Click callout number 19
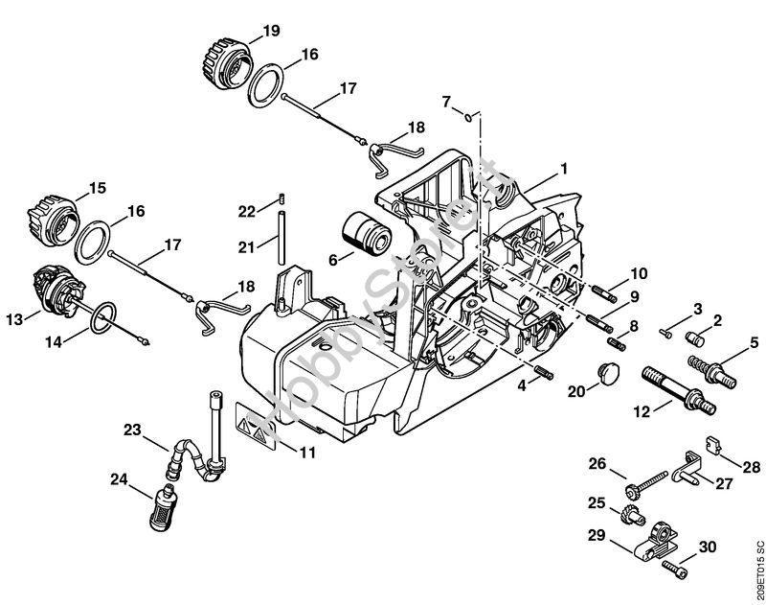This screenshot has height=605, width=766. point(271,31)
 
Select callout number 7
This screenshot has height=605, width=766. point(445,101)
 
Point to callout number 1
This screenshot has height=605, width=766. point(564,169)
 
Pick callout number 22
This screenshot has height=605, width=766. point(247,211)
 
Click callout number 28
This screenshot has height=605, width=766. point(750,467)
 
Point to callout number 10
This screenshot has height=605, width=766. point(639,272)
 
